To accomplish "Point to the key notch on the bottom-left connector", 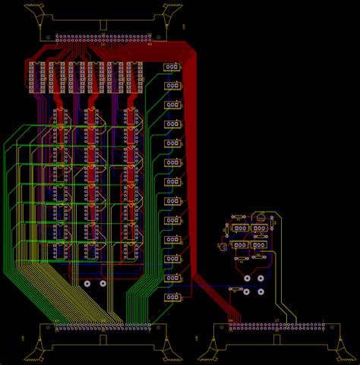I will pyautogui.click(x=103, y=341).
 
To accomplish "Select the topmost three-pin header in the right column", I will pyautogui.click(x=173, y=67).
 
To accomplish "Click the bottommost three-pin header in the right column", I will pyautogui.click(x=173, y=297).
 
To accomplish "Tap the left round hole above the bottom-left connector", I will pyautogui.click(x=87, y=284).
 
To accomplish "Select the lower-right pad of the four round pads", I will pyautogui.click(x=261, y=291).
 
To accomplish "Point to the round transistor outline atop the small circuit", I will pyautogui.click(x=261, y=218).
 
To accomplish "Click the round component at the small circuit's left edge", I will pyautogui.click(x=223, y=246).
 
